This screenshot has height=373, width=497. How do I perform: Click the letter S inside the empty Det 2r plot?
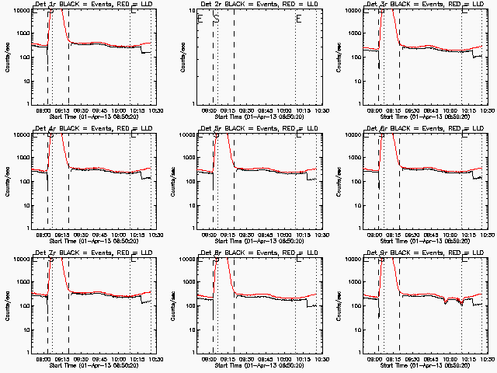click(x=216, y=19)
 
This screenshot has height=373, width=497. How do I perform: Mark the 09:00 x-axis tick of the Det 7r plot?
click(x=42, y=357)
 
